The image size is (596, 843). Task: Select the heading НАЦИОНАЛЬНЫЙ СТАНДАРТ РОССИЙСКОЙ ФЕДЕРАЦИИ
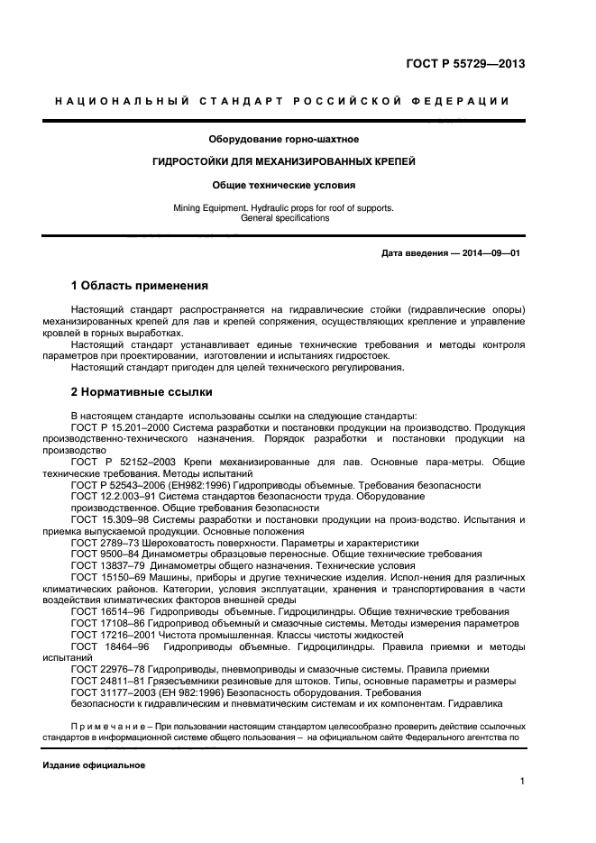[x=282, y=101]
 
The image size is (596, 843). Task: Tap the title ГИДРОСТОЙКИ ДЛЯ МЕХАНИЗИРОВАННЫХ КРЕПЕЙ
[x=283, y=162]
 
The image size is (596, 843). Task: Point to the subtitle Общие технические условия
[x=283, y=185]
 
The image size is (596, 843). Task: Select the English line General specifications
[x=284, y=218]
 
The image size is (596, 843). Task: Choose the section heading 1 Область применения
[x=139, y=286]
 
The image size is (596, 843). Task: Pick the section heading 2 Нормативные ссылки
[x=142, y=392]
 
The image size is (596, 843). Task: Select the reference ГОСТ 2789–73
[x=105, y=544]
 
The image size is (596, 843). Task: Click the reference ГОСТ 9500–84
[x=105, y=555]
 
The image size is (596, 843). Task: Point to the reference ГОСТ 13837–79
[x=108, y=567]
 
